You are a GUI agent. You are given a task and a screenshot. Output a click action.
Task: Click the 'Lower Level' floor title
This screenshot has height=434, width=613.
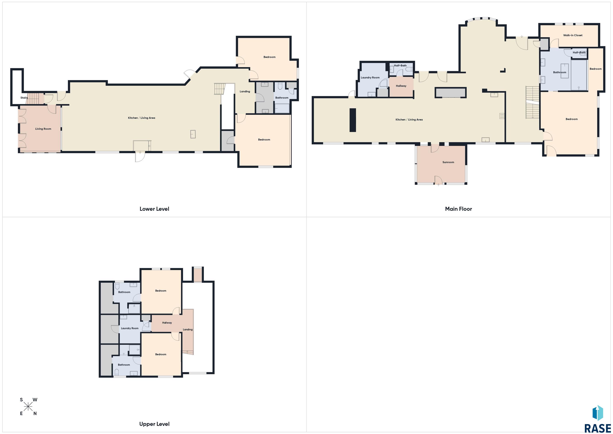click(154, 209)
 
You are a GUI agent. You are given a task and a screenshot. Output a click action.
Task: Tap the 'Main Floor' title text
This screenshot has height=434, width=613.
click(458, 209)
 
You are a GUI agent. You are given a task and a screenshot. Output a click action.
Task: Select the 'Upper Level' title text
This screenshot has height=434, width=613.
click(154, 424)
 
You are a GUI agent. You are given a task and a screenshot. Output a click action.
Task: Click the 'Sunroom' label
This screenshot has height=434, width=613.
click(448, 162)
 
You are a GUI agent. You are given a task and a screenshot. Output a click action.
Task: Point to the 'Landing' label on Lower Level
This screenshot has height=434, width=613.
click(245, 91)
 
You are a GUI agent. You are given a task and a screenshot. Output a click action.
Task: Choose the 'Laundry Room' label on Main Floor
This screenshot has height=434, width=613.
click(370, 77)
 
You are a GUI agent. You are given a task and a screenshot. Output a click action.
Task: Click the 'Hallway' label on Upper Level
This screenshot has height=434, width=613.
click(167, 323)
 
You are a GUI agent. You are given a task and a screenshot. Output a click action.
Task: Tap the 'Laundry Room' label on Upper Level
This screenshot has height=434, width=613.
click(130, 328)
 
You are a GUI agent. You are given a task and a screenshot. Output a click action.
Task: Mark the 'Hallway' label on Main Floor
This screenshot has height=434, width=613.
click(401, 86)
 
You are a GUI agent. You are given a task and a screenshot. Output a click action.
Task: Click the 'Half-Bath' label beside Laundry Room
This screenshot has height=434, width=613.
click(400, 66)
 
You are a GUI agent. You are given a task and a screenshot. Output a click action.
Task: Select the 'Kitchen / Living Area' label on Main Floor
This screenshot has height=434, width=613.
click(409, 120)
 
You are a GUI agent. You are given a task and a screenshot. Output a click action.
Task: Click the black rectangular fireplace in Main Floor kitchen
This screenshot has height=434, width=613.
click(353, 120)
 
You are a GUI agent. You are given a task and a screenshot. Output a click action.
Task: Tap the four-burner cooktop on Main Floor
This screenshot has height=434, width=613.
click(502, 116)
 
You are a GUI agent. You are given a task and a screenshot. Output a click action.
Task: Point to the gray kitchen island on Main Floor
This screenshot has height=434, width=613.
click(450, 93)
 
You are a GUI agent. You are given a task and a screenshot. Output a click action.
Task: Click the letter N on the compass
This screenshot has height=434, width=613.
click(35, 413)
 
